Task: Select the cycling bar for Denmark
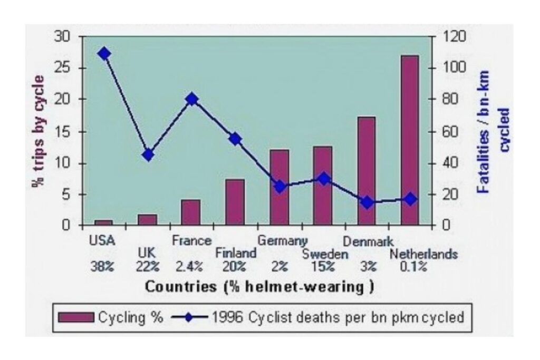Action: [366, 171]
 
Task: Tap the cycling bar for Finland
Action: [235, 202]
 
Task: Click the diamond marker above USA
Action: [104, 54]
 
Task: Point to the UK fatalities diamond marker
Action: [148, 154]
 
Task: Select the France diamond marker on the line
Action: [192, 99]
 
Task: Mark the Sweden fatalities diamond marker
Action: [324, 179]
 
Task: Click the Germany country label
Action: [282, 240]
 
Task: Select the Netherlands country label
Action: [423, 255]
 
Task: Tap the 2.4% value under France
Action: [188, 267]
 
